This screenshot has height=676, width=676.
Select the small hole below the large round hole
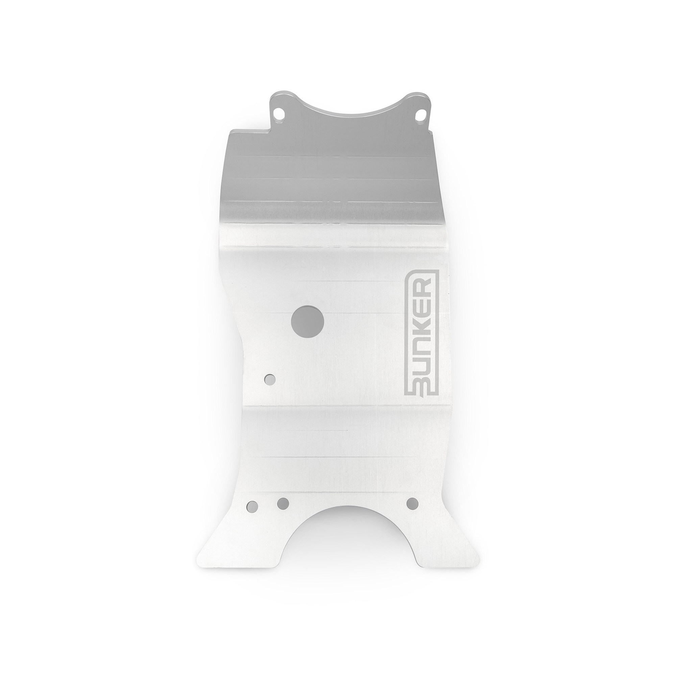[270, 380]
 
